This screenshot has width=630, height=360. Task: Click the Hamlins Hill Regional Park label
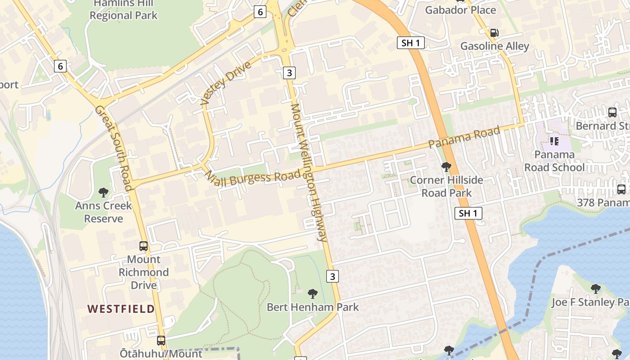tap(123, 9)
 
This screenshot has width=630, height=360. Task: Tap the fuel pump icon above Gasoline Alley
tap(494, 32)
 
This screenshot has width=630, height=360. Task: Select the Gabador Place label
tap(460, 10)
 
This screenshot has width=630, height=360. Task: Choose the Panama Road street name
tap(464, 137)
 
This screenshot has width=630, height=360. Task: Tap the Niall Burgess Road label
tap(252, 177)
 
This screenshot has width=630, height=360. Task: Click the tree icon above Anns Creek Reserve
tap(103, 193)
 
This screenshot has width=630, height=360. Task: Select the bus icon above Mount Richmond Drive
tap(144, 246)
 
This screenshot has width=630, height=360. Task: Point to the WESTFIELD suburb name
tap(121, 309)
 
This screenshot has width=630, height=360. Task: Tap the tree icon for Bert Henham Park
tap(313, 294)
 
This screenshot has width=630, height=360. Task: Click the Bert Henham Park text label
tap(313, 307)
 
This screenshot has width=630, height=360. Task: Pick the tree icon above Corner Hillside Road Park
tap(446, 167)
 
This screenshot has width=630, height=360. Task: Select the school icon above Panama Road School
tap(554, 141)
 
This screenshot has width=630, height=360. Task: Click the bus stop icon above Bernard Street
tap(612, 112)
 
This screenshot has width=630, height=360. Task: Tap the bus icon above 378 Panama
tap(621, 189)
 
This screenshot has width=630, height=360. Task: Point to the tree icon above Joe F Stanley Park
tap(595, 288)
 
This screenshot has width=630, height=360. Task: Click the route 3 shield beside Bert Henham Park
tap(333, 276)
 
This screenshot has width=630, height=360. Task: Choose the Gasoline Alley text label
tap(495, 46)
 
